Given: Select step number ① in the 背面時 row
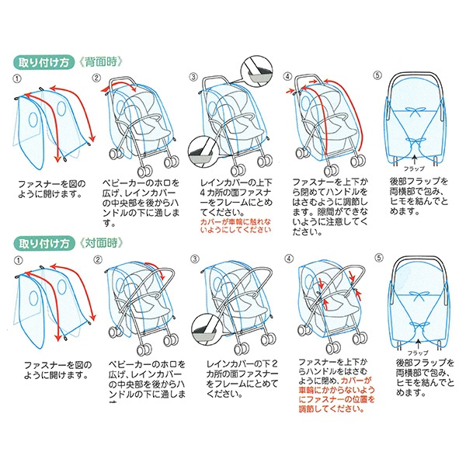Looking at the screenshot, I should coord(17,78).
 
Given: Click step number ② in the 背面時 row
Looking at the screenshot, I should coord(97,78).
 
